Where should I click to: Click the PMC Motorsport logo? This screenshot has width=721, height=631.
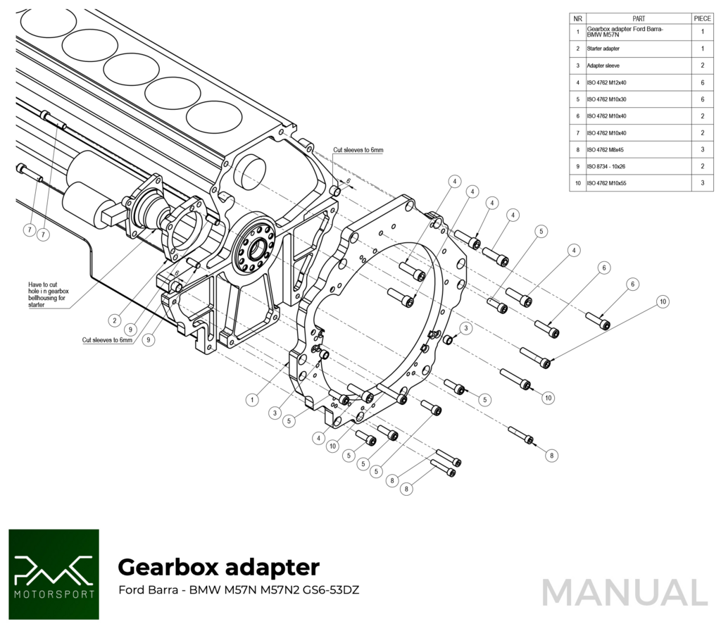(x=54, y=574)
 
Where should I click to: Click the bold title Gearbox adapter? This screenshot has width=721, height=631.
(x=218, y=567)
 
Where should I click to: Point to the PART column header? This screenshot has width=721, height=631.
(x=639, y=19)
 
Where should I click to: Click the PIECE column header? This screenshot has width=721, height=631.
(x=702, y=19)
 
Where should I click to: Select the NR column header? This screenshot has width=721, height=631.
(x=577, y=19)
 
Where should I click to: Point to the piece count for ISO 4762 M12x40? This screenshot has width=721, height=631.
(x=702, y=82)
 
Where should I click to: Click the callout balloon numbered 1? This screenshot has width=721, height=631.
(x=251, y=399)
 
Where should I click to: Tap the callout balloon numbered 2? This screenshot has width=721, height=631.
(x=114, y=320)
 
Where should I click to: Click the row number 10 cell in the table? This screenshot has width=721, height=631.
(x=577, y=183)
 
